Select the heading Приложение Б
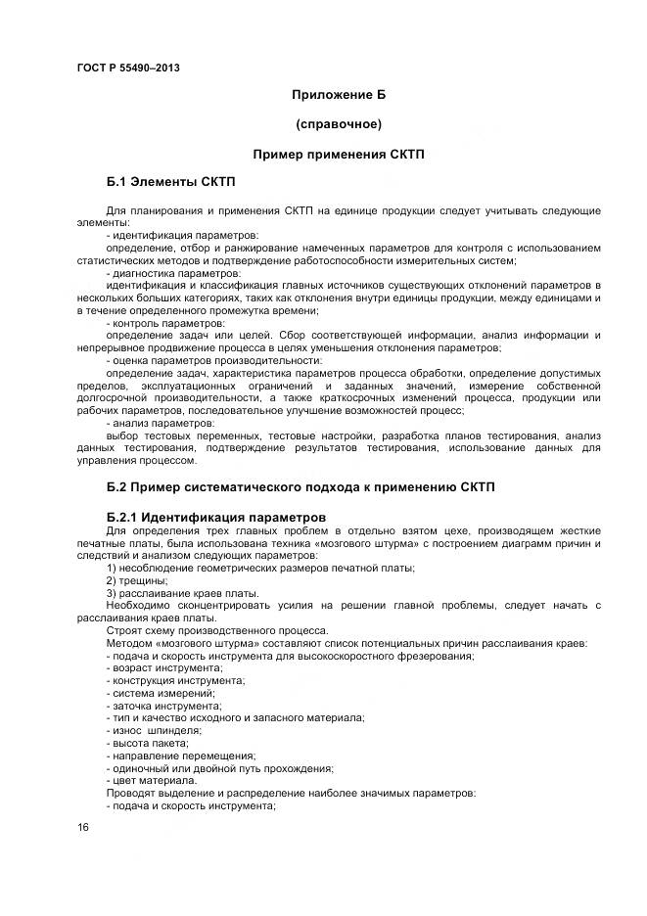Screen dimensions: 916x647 pyautogui.click(x=339, y=95)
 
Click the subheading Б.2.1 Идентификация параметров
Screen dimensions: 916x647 pyautogui.click(x=215, y=516)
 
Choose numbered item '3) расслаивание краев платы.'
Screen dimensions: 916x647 pyautogui.click(x=168, y=592)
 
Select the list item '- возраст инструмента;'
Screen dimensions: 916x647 pyautogui.click(x=162, y=667)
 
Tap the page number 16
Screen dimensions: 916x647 pyautogui.click(x=83, y=828)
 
